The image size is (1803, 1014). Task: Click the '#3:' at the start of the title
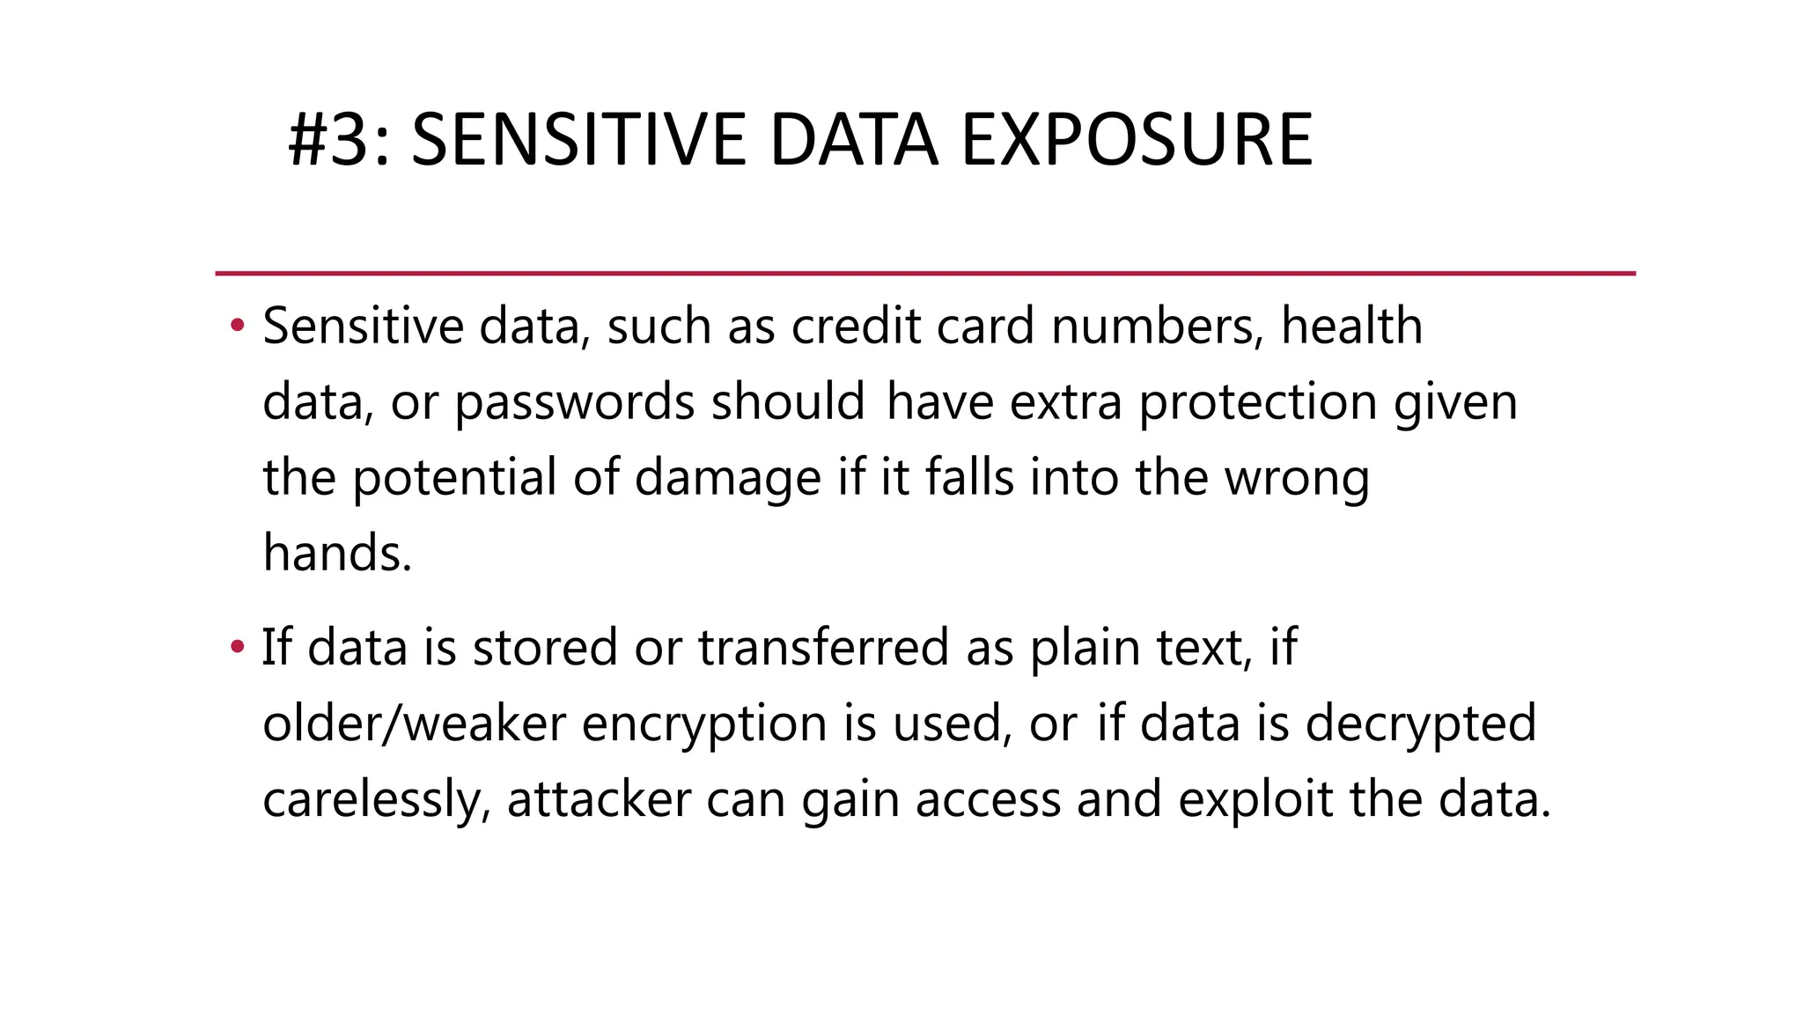(x=339, y=140)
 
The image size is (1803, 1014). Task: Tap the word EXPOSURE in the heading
(x=1137, y=140)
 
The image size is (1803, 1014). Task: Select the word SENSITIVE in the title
(x=578, y=140)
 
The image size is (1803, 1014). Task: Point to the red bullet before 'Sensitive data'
(x=236, y=327)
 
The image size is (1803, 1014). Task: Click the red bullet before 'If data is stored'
(x=236, y=648)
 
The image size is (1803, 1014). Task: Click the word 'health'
(x=1351, y=326)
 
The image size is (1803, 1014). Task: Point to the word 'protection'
(x=1258, y=402)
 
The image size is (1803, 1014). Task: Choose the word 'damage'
(x=727, y=478)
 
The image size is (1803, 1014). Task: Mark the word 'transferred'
(x=824, y=647)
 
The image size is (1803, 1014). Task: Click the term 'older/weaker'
(x=414, y=724)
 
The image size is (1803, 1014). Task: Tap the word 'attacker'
(x=599, y=799)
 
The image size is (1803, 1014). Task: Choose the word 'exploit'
(x=1255, y=799)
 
